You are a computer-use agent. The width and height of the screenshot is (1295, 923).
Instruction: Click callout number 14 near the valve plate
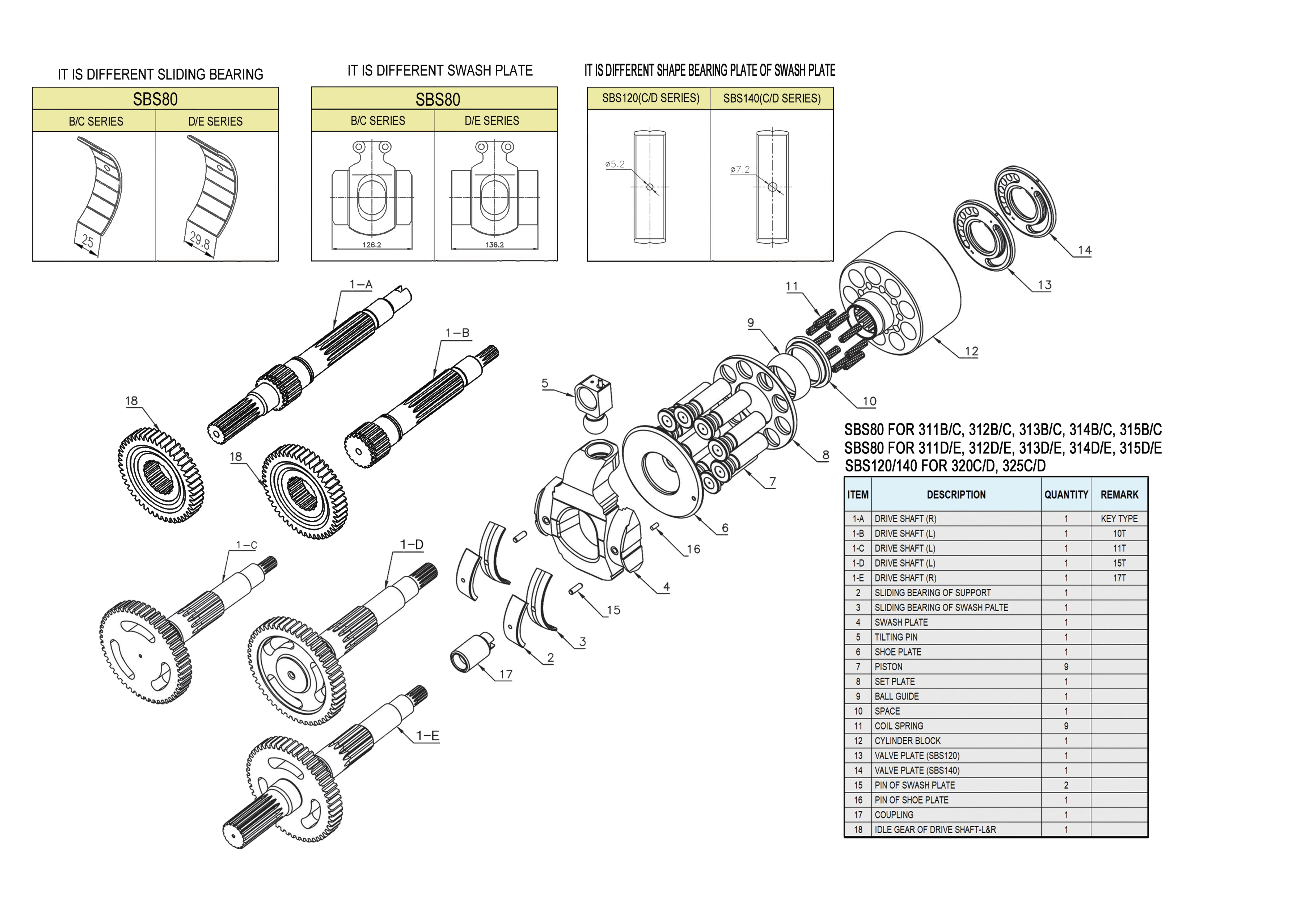click(1084, 250)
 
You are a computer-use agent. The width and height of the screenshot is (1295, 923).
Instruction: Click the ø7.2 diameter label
click(740, 169)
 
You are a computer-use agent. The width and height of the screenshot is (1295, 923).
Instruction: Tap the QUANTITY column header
click(1065, 494)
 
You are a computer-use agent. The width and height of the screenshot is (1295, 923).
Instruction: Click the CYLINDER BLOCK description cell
click(907, 741)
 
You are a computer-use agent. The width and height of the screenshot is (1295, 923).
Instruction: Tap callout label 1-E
click(427, 735)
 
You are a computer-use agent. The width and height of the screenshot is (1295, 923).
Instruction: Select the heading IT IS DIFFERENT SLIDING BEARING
click(160, 74)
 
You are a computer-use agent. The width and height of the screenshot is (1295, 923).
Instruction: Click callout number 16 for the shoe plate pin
click(693, 549)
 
